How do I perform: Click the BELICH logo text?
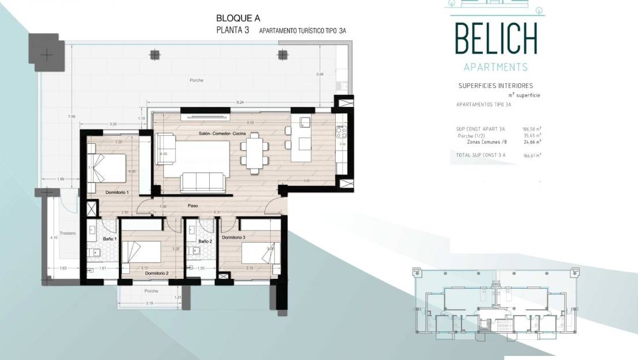click(495, 39)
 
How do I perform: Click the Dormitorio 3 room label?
click(233, 238)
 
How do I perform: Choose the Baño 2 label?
click(205, 242)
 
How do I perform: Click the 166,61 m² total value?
click(531, 155)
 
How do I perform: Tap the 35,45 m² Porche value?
click(531, 135)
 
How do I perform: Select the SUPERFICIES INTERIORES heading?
click(495, 85)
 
